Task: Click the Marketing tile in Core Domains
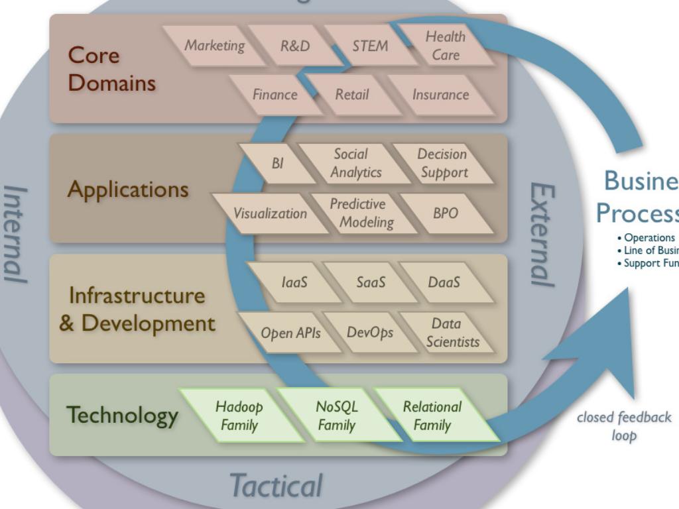pyautogui.click(x=214, y=46)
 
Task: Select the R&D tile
pyautogui.click(x=294, y=46)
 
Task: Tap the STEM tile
pyautogui.click(x=370, y=46)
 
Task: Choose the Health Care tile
pyautogui.click(x=446, y=46)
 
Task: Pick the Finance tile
pyautogui.click(x=275, y=95)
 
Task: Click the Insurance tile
pyautogui.click(x=440, y=95)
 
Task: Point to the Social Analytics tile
pyautogui.click(x=355, y=163)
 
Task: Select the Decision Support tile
pyautogui.click(x=443, y=163)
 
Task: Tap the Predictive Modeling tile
pyautogui.click(x=361, y=213)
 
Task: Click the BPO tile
pyautogui.click(x=446, y=213)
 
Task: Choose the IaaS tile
pyautogui.click(x=294, y=282)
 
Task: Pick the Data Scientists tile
pyautogui.click(x=451, y=333)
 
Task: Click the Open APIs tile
pyautogui.click(x=290, y=333)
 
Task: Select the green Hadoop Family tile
pyautogui.click(x=239, y=416)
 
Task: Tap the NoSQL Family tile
pyautogui.click(x=336, y=416)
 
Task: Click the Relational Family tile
pyautogui.click(x=432, y=416)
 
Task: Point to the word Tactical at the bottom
pyautogui.click(x=276, y=485)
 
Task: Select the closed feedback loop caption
pyautogui.click(x=623, y=425)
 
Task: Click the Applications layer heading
pyautogui.click(x=128, y=190)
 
